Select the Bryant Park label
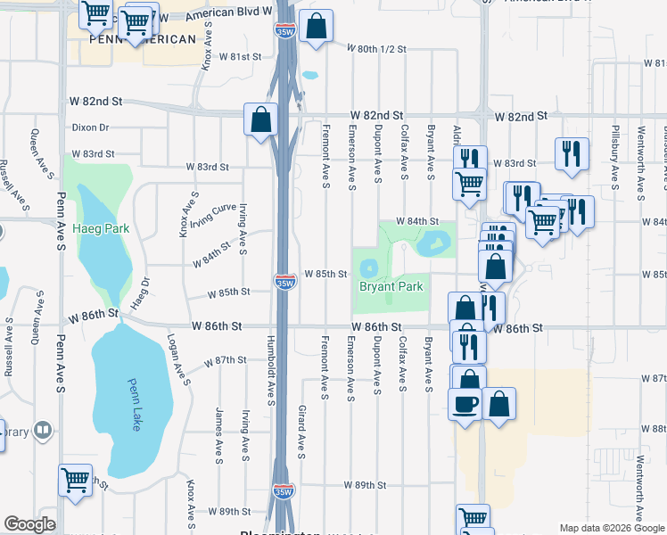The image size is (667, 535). coord(390,287)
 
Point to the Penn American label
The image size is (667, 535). coord(144,39)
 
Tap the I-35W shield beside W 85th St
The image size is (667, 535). coord(284,283)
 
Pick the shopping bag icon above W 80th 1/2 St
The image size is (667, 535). coord(316,27)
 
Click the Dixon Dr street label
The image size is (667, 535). coord(90,128)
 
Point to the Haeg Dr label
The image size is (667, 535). coord(141,292)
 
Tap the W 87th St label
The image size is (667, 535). coord(225,360)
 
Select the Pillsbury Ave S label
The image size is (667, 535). coord(615,162)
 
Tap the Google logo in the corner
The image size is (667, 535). coord(29,524)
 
